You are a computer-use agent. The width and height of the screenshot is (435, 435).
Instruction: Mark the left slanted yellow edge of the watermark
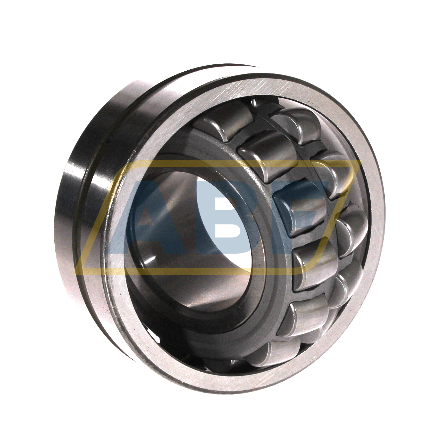pyautogui.click(x=101, y=216)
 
